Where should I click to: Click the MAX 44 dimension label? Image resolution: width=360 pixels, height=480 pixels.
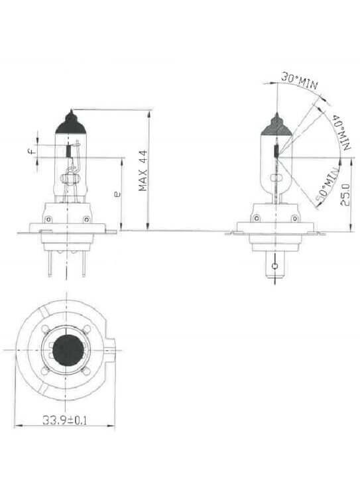[143, 170]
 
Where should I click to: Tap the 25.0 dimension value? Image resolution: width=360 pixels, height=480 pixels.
[345, 195]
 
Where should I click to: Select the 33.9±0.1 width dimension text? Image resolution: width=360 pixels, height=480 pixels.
[64, 420]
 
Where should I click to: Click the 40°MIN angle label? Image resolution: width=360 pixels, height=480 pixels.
[341, 132]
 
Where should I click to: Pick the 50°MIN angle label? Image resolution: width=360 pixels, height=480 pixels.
[328, 186]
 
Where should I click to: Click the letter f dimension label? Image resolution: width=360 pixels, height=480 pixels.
[31, 151]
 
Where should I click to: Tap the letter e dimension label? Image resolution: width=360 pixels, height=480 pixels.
[117, 194]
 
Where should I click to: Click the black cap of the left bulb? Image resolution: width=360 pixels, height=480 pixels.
[71, 123]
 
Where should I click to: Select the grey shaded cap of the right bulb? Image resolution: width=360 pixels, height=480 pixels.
[276, 126]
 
